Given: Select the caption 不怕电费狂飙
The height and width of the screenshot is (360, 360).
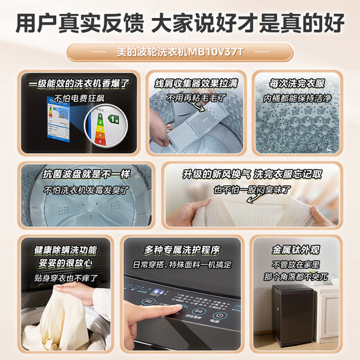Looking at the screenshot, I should [77, 98].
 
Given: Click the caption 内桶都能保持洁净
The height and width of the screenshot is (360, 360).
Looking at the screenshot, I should [299, 100].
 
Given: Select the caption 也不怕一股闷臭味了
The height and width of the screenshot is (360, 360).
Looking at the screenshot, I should [251, 190].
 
